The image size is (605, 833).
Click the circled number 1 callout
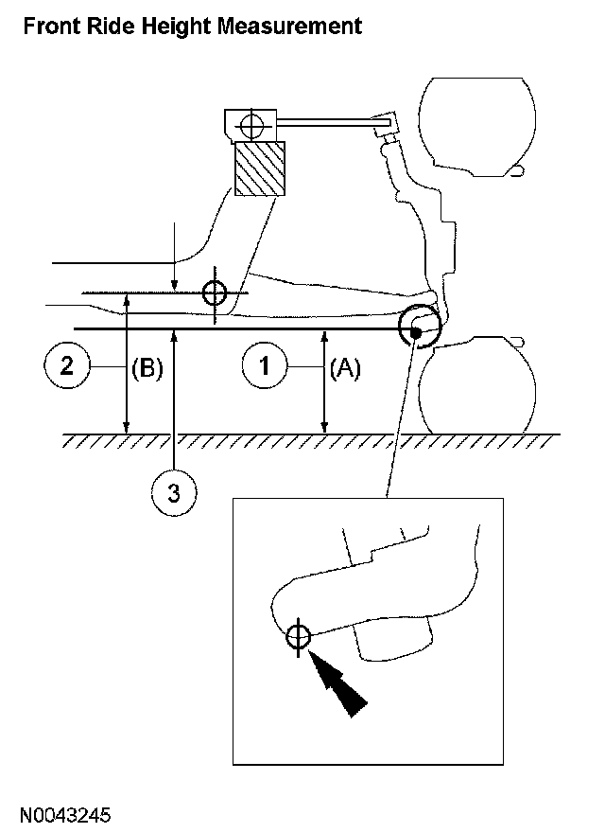tap(265, 366)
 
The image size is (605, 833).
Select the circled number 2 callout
tap(66, 366)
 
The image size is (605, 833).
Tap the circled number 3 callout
tap(175, 491)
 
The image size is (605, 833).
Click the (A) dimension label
tap(345, 370)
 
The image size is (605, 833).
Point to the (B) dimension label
tap(147, 368)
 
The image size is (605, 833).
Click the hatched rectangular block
tap(259, 169)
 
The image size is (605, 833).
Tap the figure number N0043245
tap(67, 813)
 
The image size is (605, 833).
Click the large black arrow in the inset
tap(339, 689)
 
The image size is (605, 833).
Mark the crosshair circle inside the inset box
tap(298, 637)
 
